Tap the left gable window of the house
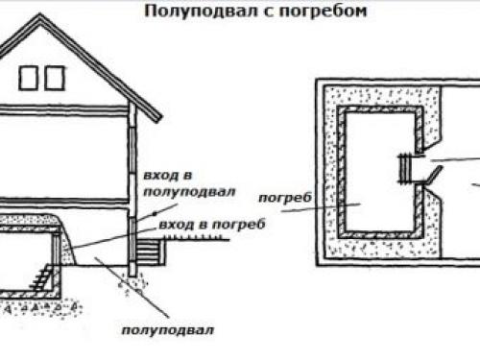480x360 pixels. click(x=27, y=77)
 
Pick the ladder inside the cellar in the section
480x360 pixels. click(x=37, y=279)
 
